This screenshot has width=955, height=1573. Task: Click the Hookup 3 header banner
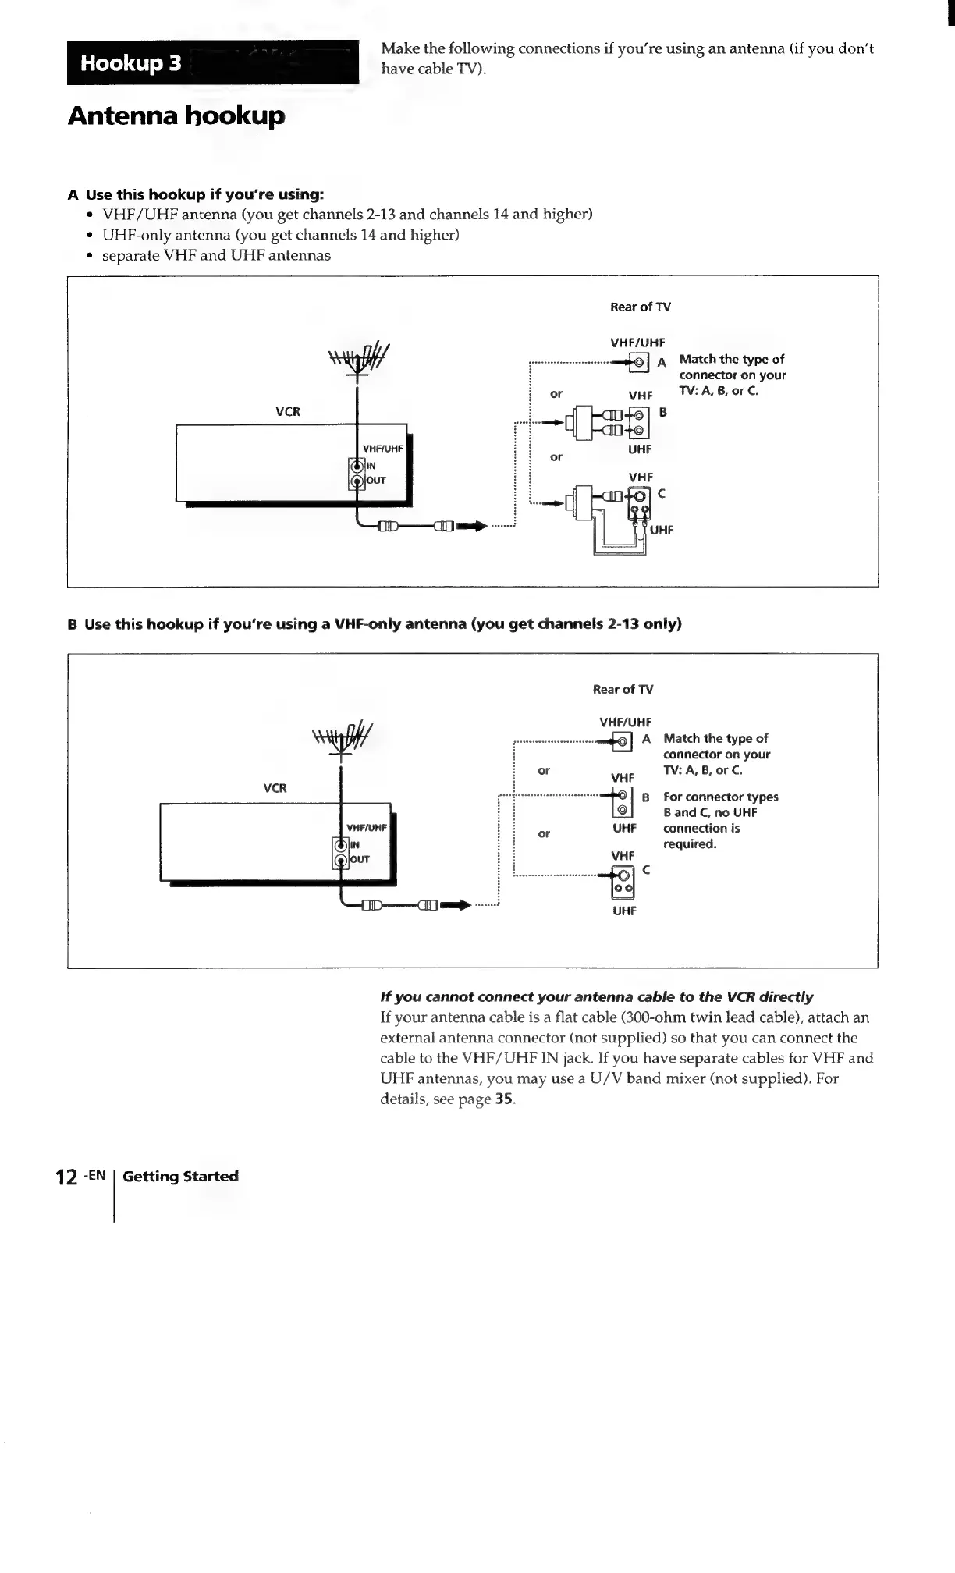[x=211, y=62]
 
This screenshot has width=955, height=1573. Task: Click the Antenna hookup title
[x=176, y=115]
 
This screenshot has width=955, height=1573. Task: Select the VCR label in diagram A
[x=288, y=411]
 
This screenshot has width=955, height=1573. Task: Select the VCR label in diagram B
[x=275, y=788]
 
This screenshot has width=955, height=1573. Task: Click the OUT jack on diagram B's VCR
[x=341, y=860]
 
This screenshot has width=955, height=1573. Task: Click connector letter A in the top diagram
[x=662, y=363]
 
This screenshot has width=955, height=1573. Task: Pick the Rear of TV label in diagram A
[x=640, y=307]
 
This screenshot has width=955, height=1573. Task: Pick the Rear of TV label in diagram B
[x=623, y=689]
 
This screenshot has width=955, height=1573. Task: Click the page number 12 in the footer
[x=66, y=1177]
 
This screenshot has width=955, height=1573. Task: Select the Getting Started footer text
[x=180, y=1177]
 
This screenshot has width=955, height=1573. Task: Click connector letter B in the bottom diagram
[x=645, y=797]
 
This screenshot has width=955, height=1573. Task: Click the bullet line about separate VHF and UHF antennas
[x=216, y=255]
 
